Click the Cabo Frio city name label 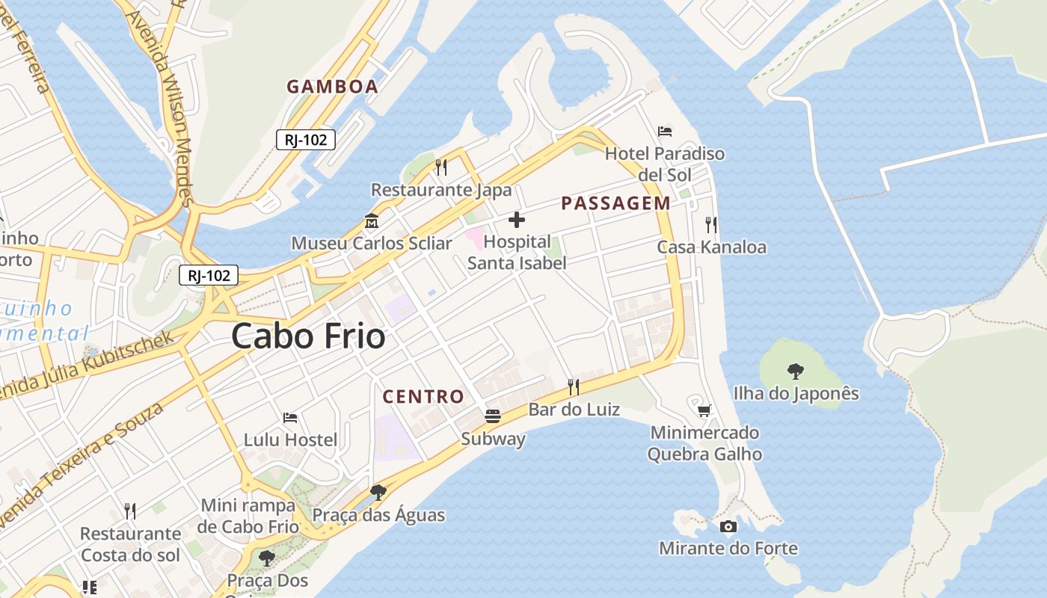(308, 336)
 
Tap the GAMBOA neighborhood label (332, 86)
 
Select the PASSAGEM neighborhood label (615, 203)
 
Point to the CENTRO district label (423, 396)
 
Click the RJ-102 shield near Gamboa (306, 139)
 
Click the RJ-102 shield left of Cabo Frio (209, 275)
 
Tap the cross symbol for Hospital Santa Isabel (516, 220)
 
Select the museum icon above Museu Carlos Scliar (371, 221)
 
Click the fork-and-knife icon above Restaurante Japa (441, 167)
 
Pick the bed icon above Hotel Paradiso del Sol (665, 132)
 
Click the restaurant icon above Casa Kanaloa (711, 224)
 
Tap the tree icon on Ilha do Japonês (796, 371)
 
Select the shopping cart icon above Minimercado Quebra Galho (704, 410)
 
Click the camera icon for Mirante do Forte (728, 526)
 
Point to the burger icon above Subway (493, 416)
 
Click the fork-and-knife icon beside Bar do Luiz (574, 386)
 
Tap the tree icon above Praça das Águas (378, 493)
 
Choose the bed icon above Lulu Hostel (290, 417)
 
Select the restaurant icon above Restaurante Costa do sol (130, 511)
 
